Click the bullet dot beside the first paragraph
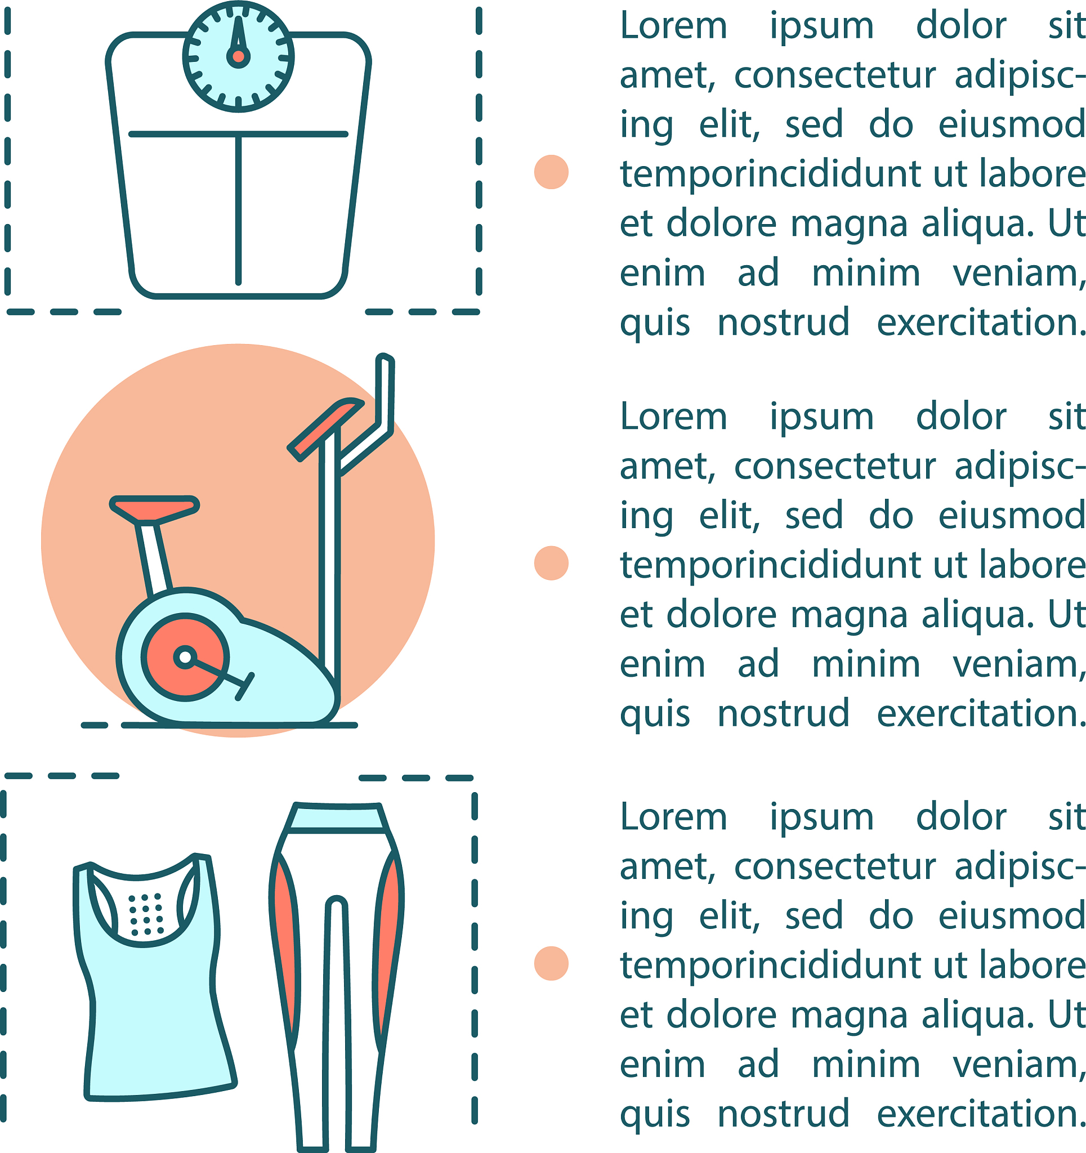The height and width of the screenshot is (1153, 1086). click(551, 172)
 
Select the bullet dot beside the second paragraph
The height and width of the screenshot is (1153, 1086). click(551, 562)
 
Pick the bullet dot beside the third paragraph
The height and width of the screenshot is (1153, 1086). click(551, 963)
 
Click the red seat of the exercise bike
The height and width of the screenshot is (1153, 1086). click(154, 507)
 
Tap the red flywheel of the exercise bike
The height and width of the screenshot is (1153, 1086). click(185, 657)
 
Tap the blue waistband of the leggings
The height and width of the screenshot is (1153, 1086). click(338, 818)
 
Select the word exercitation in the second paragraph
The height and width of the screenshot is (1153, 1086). click(980, 713)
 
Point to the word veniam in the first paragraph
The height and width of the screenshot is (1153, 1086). click(1018, 274)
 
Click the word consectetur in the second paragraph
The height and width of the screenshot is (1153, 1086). click(835, 466)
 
